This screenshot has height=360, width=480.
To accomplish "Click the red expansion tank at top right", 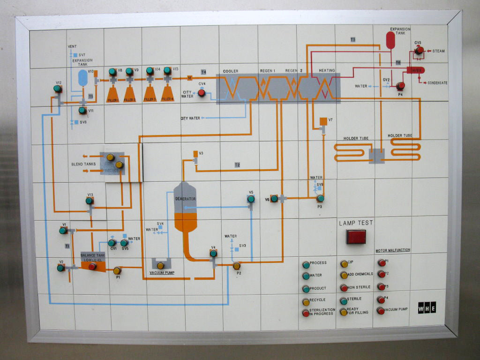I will click(x=390, y=40).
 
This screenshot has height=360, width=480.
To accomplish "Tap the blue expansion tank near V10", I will click(x=82, y=78).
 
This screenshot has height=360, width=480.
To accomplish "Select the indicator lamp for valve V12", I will click(x=57, y=89).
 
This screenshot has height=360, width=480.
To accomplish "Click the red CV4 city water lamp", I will click(x=202, y=93).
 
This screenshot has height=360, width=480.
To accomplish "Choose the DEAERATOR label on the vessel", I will click(x=185, y=199).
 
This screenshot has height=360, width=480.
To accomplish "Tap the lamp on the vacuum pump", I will click(x=160, y=266).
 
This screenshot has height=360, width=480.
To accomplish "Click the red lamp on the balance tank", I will click(x=93, y=267).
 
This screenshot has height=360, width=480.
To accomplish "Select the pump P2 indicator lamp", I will click(x=237, y=266).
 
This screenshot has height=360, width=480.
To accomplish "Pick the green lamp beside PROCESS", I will click(x=306, y=264).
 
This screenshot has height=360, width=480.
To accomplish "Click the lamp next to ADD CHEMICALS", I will click(x=344, y=275).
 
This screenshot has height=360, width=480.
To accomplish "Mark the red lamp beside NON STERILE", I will click(x=344, y=288).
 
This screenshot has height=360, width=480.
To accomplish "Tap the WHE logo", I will click(x=427, y=308).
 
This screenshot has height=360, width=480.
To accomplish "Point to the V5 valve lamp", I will click(x=251, y=199).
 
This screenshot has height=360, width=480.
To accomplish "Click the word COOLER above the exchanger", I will click(x=231, y=71).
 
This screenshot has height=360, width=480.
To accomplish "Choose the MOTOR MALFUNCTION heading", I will click(x=393, y=250).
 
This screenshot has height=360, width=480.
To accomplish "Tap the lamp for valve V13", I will click(x=89, y=201).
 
